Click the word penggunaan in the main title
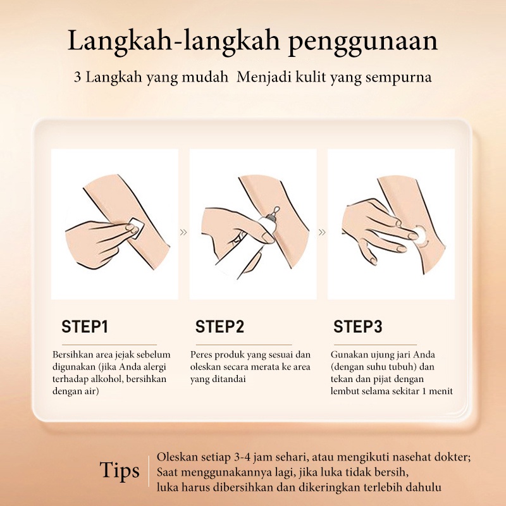click(362, 42)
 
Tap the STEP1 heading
click(85, 326)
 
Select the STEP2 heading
click(219, 326)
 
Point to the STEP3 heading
click(358, 326)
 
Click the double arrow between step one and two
click(183, 232)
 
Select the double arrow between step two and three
click(322, 232)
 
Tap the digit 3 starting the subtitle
click(77, 77)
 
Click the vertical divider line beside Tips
click(149, 471)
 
